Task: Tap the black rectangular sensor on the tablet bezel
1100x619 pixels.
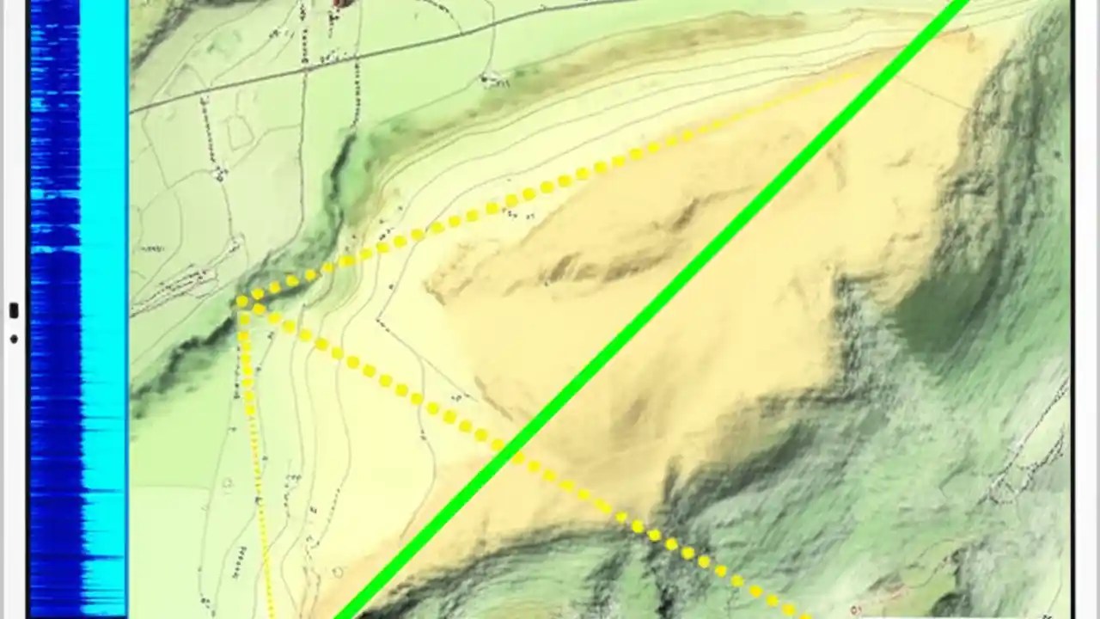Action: [14, 310]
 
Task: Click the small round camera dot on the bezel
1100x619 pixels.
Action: [14, 339]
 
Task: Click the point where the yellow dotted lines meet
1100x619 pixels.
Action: [241, 302]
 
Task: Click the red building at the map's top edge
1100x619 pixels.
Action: [343, 3]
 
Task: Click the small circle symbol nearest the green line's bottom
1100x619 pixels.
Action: [338, 572]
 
